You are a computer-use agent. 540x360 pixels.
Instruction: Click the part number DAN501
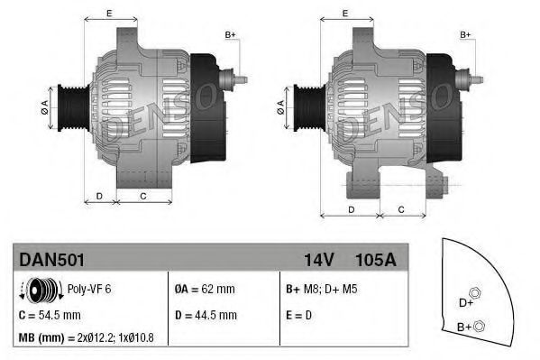[51, 260]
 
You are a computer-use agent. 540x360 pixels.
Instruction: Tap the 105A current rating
[378, 260]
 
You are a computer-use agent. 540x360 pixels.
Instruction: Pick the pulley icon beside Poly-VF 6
[41, 290]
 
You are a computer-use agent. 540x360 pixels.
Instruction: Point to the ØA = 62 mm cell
[205, 290]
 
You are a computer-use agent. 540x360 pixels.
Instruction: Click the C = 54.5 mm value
[50, 315]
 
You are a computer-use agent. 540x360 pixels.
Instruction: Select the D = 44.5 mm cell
[205, 315]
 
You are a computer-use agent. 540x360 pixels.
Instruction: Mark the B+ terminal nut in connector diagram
[479, 326]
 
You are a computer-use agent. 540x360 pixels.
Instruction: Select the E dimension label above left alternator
[108, 13]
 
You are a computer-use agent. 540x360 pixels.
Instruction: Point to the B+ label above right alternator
[466, 34]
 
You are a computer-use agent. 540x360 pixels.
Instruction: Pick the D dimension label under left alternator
[98, 196]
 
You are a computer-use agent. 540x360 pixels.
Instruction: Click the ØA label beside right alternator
[281, 106]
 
